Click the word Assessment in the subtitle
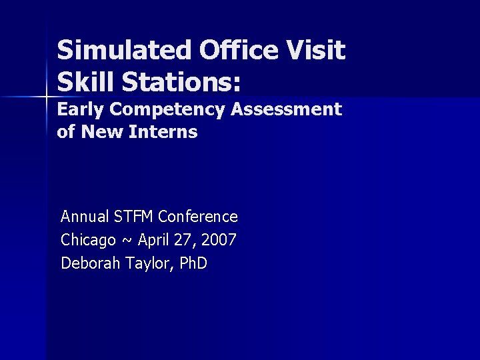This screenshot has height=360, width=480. (x=286, y=109)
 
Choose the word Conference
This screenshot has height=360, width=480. (x=198, y=217)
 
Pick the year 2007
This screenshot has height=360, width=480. (x=219, y=240)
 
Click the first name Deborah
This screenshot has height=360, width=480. (x=87, y=263)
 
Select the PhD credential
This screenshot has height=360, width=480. (x=193, y=263)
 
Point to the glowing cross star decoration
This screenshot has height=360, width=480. (x=46, y=97)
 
